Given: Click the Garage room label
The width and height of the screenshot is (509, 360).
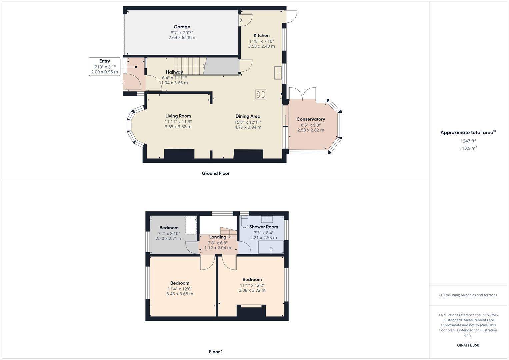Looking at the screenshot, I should tap(182, 27).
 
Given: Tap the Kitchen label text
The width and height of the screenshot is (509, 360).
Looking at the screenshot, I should tap(261, 36).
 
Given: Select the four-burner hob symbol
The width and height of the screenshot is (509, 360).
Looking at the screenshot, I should tap(261, 94).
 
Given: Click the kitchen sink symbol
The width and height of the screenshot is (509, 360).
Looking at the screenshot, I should tap(278, 73).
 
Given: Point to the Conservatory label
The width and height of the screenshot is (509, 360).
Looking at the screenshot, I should tap(311, 119).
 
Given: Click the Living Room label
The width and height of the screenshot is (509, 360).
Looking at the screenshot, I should tap(178, 116).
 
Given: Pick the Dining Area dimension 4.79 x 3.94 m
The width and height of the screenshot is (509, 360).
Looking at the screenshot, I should tap(248, 127).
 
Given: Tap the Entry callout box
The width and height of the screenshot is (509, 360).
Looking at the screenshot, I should tap(104, 66).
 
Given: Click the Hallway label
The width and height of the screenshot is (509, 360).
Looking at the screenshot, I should tap(174, 72).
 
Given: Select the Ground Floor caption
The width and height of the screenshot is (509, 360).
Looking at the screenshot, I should tap(216, 173).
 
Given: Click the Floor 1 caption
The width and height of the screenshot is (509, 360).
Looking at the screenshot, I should tap(216, 352).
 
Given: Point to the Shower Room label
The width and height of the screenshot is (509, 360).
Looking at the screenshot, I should tap(263, 227).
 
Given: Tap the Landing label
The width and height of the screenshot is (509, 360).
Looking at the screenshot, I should tap(217, 237).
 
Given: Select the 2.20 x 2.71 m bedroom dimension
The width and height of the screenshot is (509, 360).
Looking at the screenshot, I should tap(169, 239).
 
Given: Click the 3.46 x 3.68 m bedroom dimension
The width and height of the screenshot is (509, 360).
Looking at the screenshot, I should tap(180, 294).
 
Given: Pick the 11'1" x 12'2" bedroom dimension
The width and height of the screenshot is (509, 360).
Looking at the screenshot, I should tap(252, 285).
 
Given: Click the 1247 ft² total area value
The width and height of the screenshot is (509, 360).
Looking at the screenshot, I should tap(468, 141).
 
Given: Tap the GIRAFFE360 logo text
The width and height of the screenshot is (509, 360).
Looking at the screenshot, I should tap(468, 345).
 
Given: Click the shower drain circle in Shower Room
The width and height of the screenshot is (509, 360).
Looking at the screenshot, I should tap(271, 249).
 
